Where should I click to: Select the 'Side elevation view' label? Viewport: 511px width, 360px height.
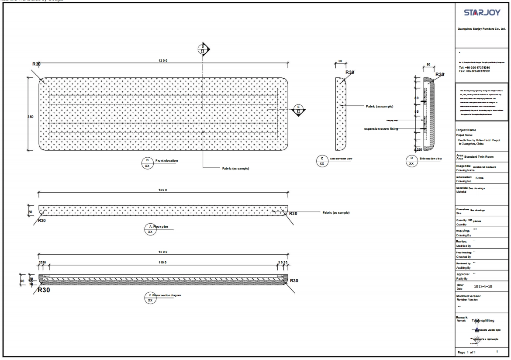tap(342, 158)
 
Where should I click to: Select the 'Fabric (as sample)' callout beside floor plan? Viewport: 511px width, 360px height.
tap(335, 213)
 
